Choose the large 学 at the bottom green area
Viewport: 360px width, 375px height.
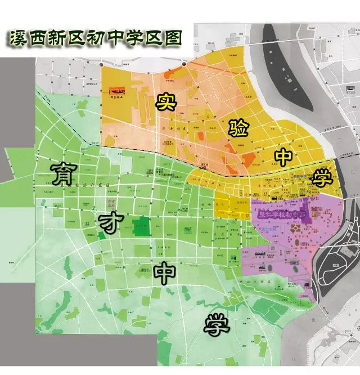click(x=217, y=326)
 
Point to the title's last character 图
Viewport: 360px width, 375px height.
click(x=174, y=38)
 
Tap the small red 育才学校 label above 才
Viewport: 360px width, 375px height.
click(x=111, y=203)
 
